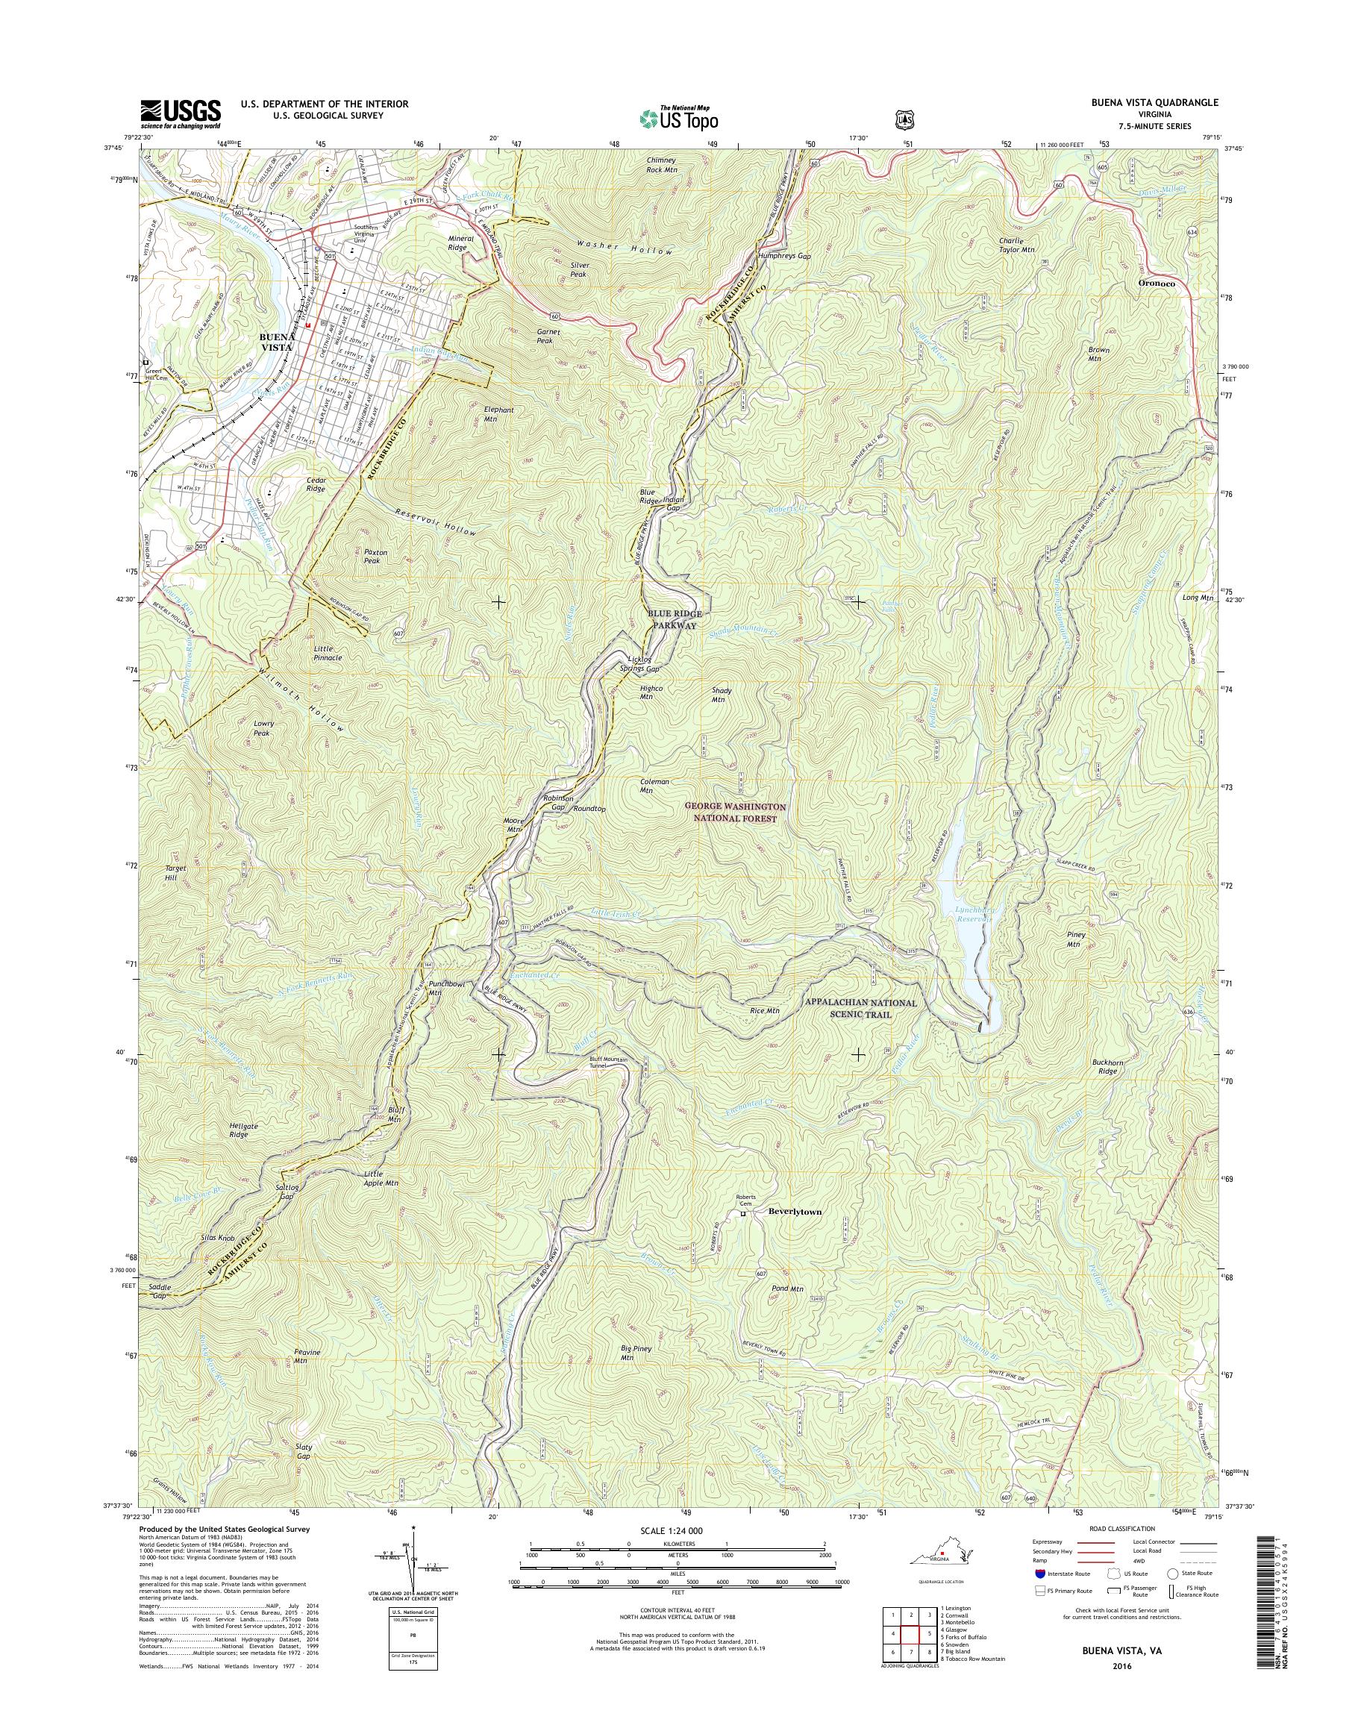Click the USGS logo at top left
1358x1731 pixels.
(x=181, y=113)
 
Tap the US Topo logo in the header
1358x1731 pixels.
(x=678, y=118)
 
